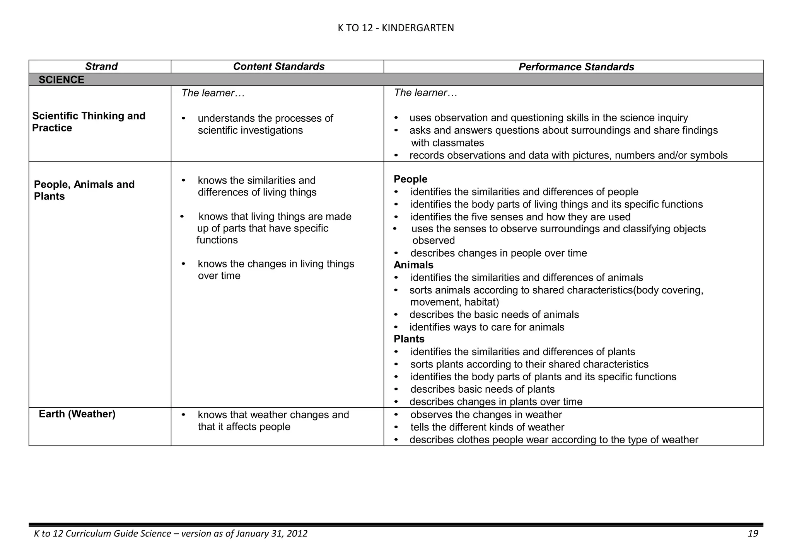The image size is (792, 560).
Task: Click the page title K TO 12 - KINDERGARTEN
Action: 396,28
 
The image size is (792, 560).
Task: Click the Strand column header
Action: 101,66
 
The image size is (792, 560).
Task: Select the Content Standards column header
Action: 278,66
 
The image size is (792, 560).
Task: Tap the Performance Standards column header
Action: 576,67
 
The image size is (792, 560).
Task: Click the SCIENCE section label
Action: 61,80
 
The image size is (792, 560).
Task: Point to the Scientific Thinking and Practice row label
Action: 89,122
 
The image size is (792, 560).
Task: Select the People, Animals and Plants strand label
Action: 84,190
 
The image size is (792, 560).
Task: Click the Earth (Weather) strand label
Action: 77,414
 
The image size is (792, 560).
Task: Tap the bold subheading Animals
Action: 413,265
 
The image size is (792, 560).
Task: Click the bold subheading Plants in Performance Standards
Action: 409,339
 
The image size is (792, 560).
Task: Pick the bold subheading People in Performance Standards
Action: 410,179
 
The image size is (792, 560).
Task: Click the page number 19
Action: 753,534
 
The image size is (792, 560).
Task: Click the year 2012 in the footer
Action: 297,534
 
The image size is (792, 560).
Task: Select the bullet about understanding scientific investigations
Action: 265,124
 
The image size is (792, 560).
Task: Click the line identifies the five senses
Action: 520,217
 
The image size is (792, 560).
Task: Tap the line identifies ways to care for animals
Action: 486,327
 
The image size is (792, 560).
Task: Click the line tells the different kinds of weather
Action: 487,427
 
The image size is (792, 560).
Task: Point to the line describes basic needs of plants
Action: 482,389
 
